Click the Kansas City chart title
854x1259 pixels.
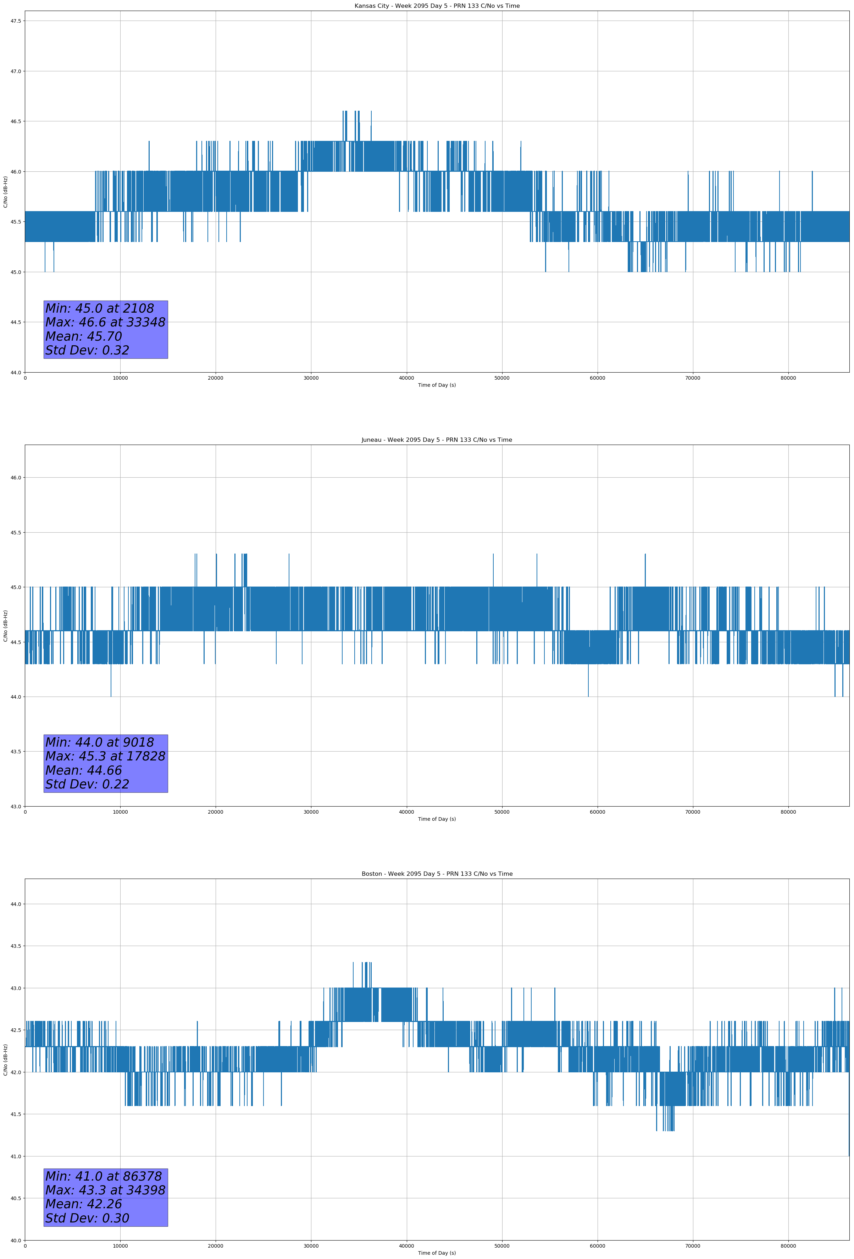pos(437,6)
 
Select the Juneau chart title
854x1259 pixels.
pos(437,440)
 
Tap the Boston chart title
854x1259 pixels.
pos(437,874)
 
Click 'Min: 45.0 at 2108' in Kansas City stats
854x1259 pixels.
pos(100,308)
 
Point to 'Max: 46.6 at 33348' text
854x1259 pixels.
pos(105,322)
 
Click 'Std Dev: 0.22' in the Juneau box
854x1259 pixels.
pos(87,785)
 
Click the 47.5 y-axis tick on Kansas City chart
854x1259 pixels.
pos(16,21)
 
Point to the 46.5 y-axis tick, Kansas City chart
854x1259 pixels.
pos(16,121)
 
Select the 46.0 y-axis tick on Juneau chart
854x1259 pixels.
pos(16,478)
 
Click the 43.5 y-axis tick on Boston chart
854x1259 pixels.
pos(16,946)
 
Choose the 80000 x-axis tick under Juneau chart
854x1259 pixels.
pos(788,812)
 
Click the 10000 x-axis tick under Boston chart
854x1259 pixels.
pos(120,1246)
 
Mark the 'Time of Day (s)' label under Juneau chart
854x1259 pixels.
pos(437,819)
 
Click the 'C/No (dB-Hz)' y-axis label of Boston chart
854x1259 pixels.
pos(5,1060)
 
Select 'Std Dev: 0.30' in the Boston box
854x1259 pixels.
pos(87,1218)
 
